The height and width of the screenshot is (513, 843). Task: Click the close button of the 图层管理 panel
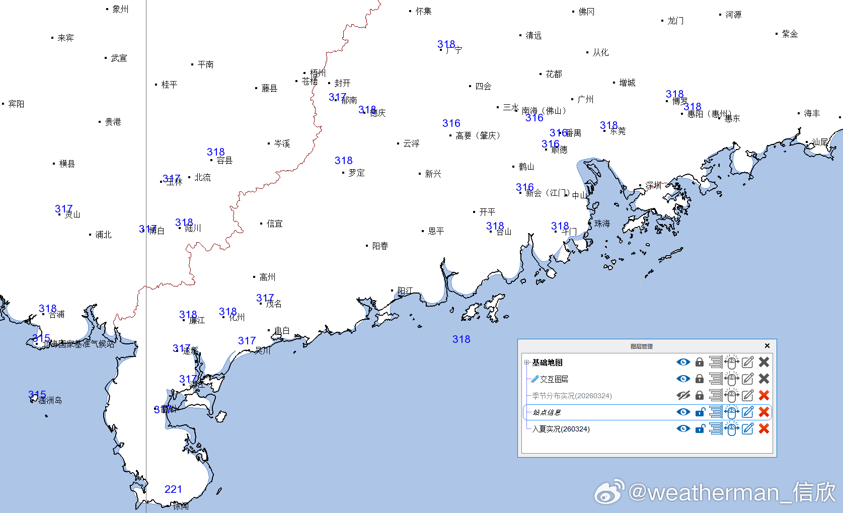tap(767, 346)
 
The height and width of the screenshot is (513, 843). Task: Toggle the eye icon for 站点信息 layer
tap(683, 412)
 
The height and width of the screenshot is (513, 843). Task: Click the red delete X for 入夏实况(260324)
tap(763, 429)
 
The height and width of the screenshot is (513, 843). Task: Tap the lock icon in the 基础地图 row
tap(700, 362)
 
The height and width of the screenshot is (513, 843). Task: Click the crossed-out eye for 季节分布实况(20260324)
tap(683, 396)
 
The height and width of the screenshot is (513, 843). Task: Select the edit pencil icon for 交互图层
tap(747, 379)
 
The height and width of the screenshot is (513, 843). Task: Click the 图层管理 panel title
tap(641, 346)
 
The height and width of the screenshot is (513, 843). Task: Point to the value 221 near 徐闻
tap(173, 489)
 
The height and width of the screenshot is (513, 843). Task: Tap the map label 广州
tap(585, 99)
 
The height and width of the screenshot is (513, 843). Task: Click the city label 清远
tap(533, 35)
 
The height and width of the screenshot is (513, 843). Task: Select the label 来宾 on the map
tap(65, 38)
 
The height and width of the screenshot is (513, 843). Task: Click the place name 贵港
tap(113, 122)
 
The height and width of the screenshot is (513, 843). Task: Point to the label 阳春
tap(380, 246)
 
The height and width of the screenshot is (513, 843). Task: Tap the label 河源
tap(733, 15)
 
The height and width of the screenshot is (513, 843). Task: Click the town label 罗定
tap(356, 173)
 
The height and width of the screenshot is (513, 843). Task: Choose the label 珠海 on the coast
tap(602, 223)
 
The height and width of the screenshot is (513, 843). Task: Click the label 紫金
tap(790, 34)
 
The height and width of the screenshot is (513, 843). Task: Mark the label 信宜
tap(274, 224)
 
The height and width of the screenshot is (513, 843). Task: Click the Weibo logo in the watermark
tap(609, 492)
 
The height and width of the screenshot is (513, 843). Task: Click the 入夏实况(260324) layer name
tap(561, 429)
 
